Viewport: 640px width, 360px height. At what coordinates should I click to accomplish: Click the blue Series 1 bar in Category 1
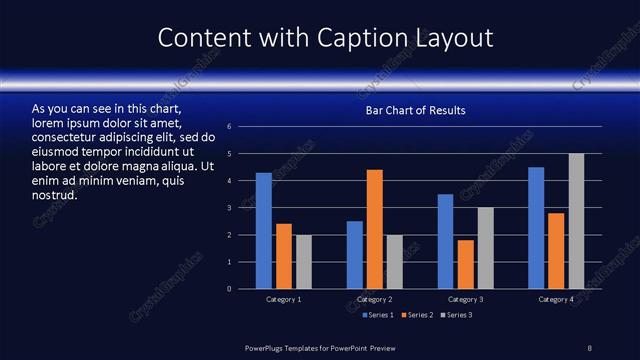click(264, 231)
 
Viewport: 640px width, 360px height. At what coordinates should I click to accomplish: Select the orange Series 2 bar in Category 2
click(375, 229)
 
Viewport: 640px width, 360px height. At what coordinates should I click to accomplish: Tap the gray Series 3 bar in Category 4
click(576, 221)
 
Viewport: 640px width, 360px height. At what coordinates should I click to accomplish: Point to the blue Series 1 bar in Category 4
click(536, 228)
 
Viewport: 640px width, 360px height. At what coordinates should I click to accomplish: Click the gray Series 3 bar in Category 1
click(304, 262)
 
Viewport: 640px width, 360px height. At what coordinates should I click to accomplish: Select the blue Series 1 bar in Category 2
click(355, 255)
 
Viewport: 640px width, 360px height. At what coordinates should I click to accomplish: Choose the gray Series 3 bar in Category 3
click(486, 248)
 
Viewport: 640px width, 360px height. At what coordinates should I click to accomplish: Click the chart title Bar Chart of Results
click(415, 110)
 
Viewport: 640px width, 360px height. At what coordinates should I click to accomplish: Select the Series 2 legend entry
click(415, 315)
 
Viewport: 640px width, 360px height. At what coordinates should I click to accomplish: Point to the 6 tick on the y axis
click(230, 127)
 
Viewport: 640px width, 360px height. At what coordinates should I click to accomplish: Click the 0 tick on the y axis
click(230, 289)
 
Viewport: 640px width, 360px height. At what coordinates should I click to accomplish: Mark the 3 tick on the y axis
click(230, 208)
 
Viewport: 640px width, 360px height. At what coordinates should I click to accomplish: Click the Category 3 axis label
click(465, 299)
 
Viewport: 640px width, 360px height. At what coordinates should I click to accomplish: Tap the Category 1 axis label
click(284, 299)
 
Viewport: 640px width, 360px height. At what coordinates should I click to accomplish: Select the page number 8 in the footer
click(590, 347)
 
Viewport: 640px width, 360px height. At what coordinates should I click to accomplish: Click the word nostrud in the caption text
click(55, 195)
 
